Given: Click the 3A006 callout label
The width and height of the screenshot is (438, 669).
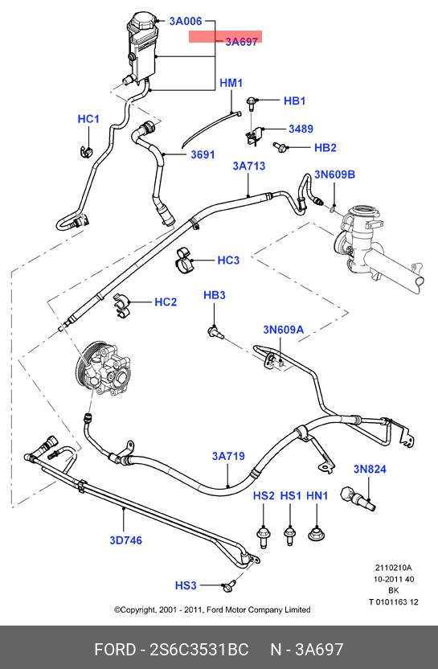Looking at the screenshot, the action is (186, 21).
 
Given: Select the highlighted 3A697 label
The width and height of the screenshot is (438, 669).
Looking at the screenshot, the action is (241, 42).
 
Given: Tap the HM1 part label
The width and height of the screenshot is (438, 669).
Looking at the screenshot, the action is (231, 83).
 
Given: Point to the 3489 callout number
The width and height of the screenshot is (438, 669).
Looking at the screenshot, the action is (301, 129).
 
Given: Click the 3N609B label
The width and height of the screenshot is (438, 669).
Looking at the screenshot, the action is (335, 174).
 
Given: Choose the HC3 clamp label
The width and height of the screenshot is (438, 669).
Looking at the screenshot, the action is (228, 261).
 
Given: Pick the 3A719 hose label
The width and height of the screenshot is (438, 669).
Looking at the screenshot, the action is (228, 456).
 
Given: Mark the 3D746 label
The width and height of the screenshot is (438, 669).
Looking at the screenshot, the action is (126, 540).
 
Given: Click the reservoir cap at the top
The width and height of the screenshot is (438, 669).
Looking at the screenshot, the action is (144, 20).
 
